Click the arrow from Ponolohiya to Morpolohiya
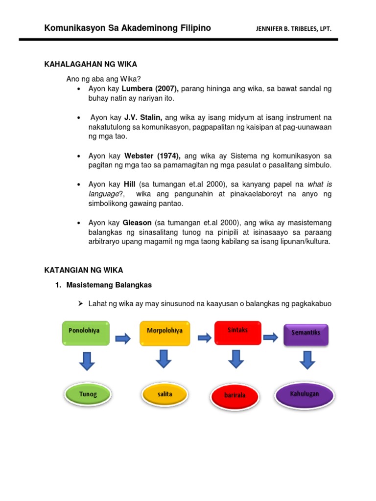click(x=123, y=338)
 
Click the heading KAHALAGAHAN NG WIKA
click(x=91, y=64)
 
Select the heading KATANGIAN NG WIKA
click(x=84, y=270)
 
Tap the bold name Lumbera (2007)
click(x=150, y=89)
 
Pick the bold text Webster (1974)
click(x=153, y=156)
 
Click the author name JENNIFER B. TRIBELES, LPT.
click(x=294, y=29)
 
